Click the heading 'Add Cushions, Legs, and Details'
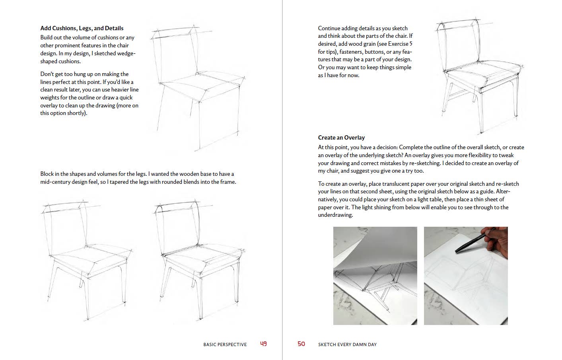[x=82, y=28]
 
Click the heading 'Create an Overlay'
[x=341, y=138]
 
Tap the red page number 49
[x=263, y=344]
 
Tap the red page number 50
[x=301, y=344]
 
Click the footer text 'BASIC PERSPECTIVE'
[x=225, y=344]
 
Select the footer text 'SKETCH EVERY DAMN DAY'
[x=347, y=344]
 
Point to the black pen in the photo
[x=470, y=244]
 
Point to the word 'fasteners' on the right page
[x=351, y=52]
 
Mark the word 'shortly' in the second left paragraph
[x=76, y=113]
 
